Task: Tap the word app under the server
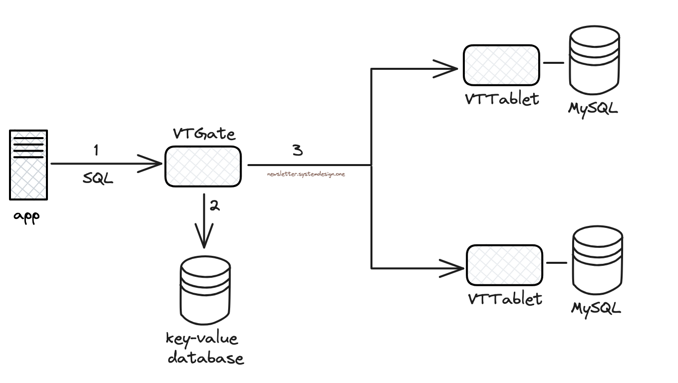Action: point(26,217)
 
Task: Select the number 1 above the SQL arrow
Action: point(96,150)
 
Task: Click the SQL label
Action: point(98,179)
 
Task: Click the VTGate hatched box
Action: point(203,167)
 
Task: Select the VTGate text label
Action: point(204,134)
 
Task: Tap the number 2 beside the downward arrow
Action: point(215,205)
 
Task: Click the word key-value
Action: point(202,339)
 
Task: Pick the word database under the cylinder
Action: point(206,358)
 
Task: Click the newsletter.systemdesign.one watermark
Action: point(306,174)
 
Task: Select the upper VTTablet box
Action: point(501,65)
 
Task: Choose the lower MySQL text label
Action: point(596,308)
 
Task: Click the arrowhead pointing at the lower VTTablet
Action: point(454,268)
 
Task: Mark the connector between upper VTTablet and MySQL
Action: point(553,63)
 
